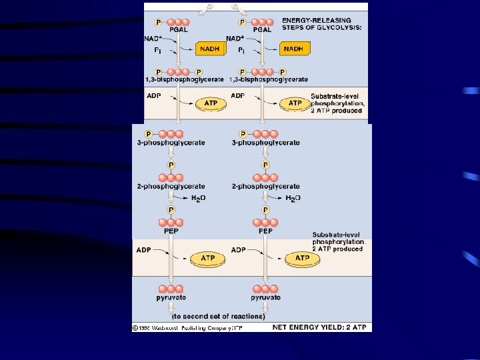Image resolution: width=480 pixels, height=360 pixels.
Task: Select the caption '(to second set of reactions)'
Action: click(x=210, y=316)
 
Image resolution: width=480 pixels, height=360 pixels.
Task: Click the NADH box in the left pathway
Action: click(x=210, y=49)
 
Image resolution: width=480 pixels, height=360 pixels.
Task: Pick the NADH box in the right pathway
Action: click(x=293, y=49)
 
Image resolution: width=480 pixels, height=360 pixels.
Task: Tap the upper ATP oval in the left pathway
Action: click(x=211, y=103)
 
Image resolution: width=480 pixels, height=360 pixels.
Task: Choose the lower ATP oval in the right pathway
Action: click(x=302, y=258)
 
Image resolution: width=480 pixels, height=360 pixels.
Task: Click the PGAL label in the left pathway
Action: click(x=179, y=29)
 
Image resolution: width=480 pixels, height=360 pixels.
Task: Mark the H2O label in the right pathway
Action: click(x=293, y=198)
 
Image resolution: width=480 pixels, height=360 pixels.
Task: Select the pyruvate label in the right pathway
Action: click(x=265, y=297)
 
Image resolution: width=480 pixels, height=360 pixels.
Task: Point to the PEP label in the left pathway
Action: click(x=171, y=231)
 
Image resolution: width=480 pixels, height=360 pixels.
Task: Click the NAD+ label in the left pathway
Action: click(x=154, y=39)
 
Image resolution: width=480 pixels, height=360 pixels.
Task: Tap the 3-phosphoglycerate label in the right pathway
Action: click(x=266, y=143)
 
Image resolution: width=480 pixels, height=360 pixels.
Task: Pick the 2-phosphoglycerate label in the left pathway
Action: click(x=171, y=187)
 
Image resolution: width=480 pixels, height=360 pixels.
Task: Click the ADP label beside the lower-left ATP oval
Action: click(x=143, y=250)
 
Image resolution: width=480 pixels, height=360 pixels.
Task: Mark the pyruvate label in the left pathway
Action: click(x=171, y=297)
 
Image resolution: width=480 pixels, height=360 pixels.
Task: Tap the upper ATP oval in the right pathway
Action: click(x=294, y=103)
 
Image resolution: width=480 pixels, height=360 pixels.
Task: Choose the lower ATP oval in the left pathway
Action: click(x=207, y=258)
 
